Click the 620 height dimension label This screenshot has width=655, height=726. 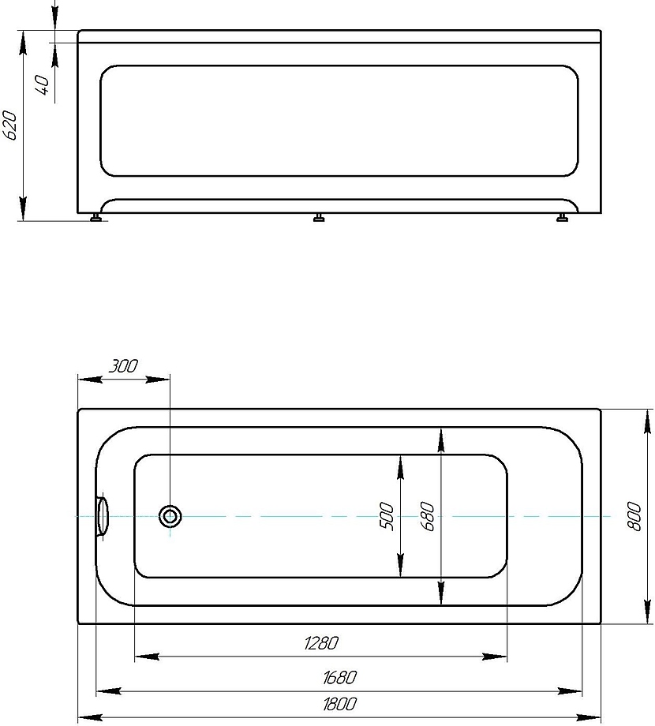[x=10, y=125]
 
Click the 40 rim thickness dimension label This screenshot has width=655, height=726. [x=44, y=82]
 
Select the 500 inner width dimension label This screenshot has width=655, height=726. [x=387, y=516]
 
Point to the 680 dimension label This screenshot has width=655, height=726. [x=428, y=516]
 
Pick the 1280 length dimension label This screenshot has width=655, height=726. [x=320, y=643]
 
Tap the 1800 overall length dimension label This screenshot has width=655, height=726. [x=339, y=704]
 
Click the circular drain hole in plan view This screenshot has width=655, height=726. [x=170, y=517]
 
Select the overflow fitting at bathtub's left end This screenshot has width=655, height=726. [x=102, y=516]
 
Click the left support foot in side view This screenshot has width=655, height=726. [x=97, y=218]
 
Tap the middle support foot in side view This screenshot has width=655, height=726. [x=319, y=218]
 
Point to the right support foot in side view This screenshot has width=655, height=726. [x=563, y=218]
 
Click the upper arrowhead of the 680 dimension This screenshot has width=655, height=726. [x=440, y=439]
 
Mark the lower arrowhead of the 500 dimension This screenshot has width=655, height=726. [x=400, y=566]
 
